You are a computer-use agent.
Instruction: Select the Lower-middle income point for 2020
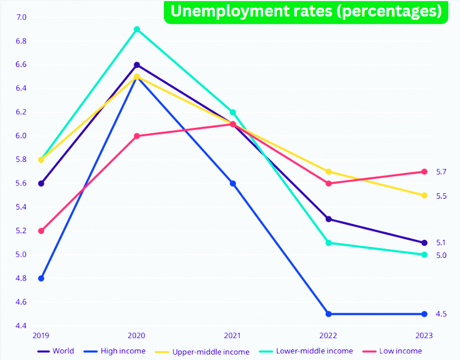(137, 30)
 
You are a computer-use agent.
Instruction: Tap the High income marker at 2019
(41, 278)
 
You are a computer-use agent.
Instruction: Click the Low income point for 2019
(41, 231)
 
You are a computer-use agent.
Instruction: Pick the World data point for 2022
(328, 219)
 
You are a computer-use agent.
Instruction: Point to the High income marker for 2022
(328, 314)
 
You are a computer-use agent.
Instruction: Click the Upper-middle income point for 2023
(424, 195)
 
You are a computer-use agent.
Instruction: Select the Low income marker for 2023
(424, 172)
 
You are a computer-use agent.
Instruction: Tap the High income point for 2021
(232, 183)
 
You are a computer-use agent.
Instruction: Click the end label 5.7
(441, 172)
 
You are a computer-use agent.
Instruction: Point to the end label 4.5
(441, 314)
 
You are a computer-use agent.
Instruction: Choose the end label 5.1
(441, 243)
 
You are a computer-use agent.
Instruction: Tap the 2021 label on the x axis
(232, 335)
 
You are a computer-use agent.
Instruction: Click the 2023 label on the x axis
(424, 335)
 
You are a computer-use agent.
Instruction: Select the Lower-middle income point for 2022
(328, 243)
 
